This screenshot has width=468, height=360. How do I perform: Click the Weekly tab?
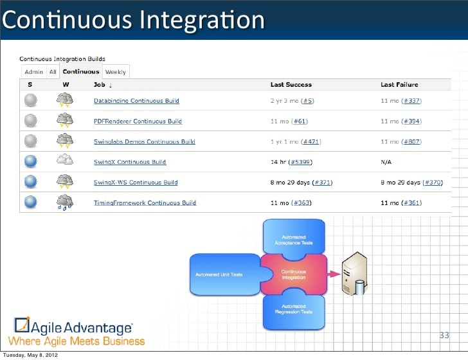pyautogui.click(x=116, y=72)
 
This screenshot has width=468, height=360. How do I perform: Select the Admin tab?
pyautogui.click(x=34, y=72)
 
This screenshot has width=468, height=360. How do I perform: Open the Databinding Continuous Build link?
pyautogui.click(x=136, y=101)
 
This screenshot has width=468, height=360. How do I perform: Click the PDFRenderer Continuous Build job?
pyautogui.click(x=138, y=122)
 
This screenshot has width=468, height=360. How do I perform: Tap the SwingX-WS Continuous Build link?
pyautogui.click(x=136, y=183)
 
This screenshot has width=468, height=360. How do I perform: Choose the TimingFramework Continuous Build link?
pyautogui.click(x=145, y=203)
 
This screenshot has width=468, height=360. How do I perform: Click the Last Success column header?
pyautogui.click(x=291, y=84)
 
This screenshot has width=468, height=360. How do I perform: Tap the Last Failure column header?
pyautogui.click(x=399, y=84)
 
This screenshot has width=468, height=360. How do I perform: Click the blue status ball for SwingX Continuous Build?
pyautogui.click(x=31, y=161)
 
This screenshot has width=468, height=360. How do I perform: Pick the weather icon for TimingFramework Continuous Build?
pyautogui.click(x=65, y=203)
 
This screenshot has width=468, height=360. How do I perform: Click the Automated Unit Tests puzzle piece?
pyautogui.click(x=222, y=274)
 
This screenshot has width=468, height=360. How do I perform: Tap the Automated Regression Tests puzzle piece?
pyautogui.click(x=294, y=310)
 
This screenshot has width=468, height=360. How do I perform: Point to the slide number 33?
pyautogui.click(x=444, y=336)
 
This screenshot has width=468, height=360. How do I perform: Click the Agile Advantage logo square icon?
pyautogui.click(x=22, y=325)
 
